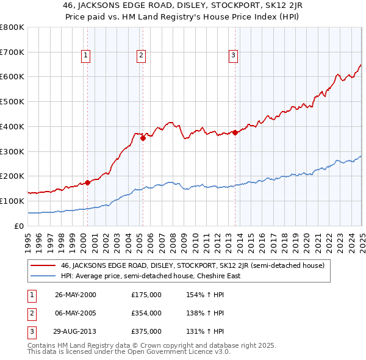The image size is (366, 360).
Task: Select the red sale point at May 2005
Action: click(x=143, y=138)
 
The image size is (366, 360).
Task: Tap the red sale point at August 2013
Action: click(x=235, y=132)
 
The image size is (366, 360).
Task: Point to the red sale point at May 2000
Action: click(x=87, y=182)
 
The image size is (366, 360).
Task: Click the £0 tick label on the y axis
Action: click(x=19, y=226)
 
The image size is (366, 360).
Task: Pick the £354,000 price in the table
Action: click(x=146, y=313)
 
